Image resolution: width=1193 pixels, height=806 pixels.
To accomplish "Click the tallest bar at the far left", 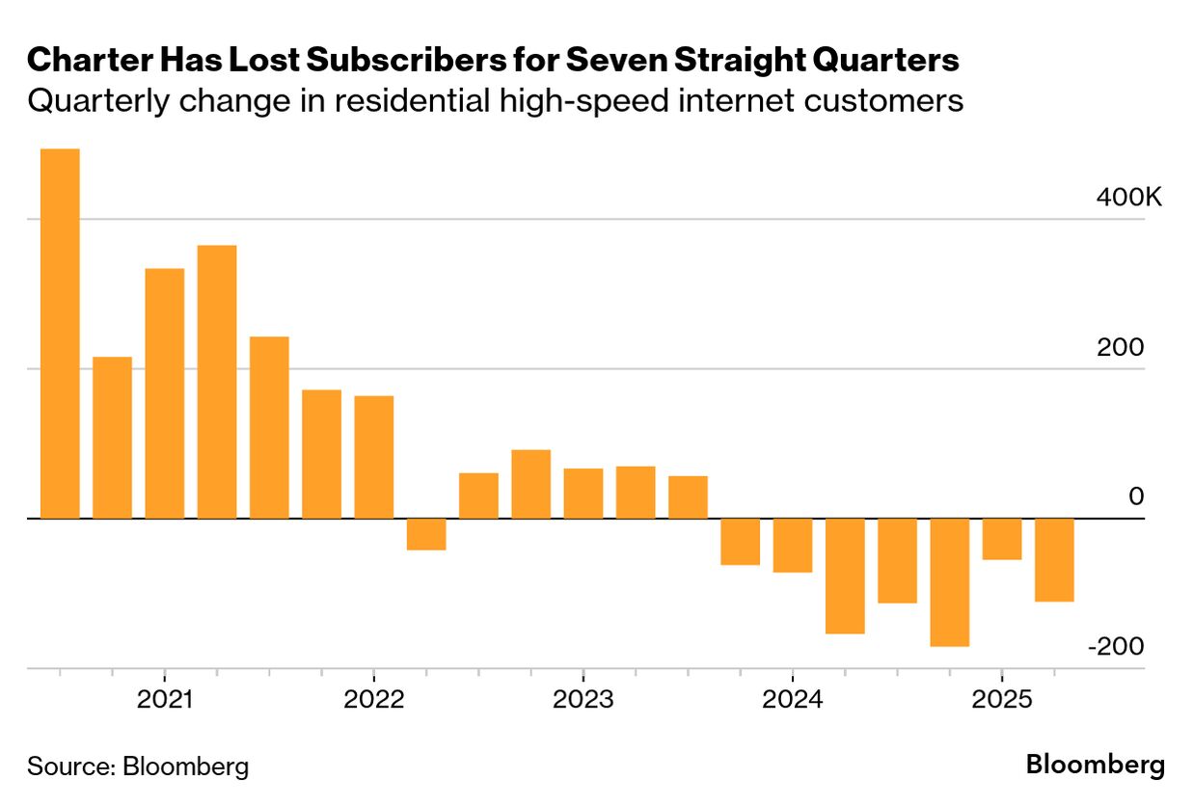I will (x=60, y=334).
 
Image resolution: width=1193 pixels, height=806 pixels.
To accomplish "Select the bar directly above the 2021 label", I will (x=165, y=393).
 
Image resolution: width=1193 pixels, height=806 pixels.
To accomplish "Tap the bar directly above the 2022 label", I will (x=373, y=457).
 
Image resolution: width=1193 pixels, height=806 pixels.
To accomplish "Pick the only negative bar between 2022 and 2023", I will (x=426, y=534).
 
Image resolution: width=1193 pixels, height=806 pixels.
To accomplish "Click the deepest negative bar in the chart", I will (x=949, y=582).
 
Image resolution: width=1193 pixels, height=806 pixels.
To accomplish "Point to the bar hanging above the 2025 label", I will (x=1002, y=539).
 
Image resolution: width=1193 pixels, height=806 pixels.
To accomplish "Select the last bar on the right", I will (x=1054, y=560).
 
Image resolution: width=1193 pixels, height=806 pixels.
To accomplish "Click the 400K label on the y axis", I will (x=1129, y=198).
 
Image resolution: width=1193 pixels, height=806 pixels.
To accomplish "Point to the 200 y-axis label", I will (x=1120, y=348).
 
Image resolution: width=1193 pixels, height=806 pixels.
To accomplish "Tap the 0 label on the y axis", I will (x=1136, y=497).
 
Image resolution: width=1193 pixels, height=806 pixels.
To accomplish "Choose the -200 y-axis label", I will (x=1116, y=647).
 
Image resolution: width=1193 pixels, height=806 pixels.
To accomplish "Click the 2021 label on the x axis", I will (x=166, y=700).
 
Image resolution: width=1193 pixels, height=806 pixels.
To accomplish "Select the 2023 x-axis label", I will (x=583, y=700).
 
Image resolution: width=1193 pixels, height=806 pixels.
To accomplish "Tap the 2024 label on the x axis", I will (x=792, y=700).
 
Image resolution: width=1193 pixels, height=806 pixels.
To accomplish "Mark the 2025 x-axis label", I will (x=1002, y=700).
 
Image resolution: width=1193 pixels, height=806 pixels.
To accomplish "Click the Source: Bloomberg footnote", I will (x=138, y=767).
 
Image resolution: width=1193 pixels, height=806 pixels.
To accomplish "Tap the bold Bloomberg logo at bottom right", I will (x=1095, y=766).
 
